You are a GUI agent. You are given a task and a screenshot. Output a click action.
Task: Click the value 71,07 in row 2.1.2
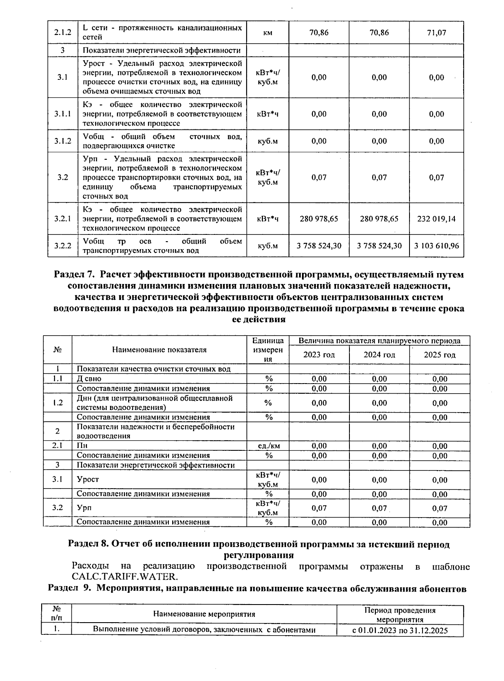(x=436, y=32)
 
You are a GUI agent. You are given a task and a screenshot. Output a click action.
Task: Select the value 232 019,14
(x=436, y=219)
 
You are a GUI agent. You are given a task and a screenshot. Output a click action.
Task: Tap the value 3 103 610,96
(x=436, y=246)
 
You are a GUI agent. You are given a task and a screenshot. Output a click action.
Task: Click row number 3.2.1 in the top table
(x=63, y=219)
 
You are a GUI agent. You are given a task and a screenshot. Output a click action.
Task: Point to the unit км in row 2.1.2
(x=268, y=33)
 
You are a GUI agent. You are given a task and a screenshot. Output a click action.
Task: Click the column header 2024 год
(x=379, y=355)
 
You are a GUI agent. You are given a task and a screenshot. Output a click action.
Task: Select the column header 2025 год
(x=439, y=355)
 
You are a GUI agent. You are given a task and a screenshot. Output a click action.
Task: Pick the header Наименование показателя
(x=159, y=350)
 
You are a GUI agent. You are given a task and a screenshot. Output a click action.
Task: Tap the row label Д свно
(x=89, y=379)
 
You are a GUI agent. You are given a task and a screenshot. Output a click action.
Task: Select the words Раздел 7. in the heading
(x=75, y=275)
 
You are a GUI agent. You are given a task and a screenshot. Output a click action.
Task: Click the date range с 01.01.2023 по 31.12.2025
(x=400, y=630)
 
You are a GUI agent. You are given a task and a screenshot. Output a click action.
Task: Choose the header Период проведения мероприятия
(x=400, y=615)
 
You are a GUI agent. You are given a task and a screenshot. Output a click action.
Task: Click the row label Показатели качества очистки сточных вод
(x=153, y=369)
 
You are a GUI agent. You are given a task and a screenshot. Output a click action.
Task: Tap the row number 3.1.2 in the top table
(x=63, y=141)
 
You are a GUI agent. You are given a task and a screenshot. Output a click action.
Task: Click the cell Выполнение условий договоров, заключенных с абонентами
(x=204, y=630)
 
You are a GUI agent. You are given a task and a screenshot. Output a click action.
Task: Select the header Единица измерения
(x=268, y=350)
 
